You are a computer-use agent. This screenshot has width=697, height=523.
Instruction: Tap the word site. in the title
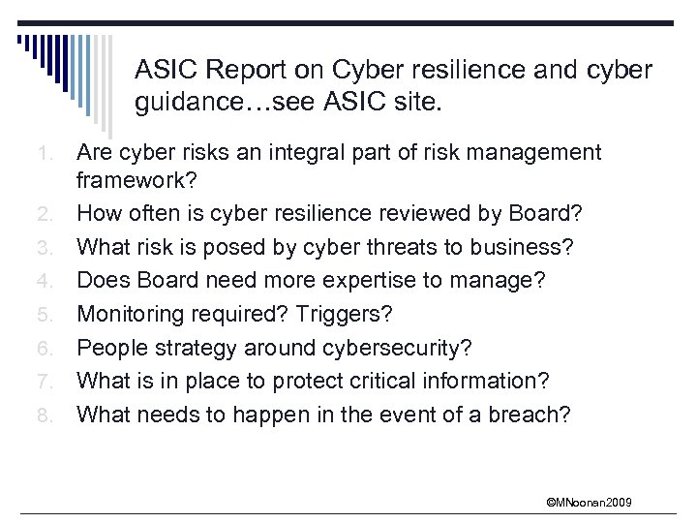click(415, 103)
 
